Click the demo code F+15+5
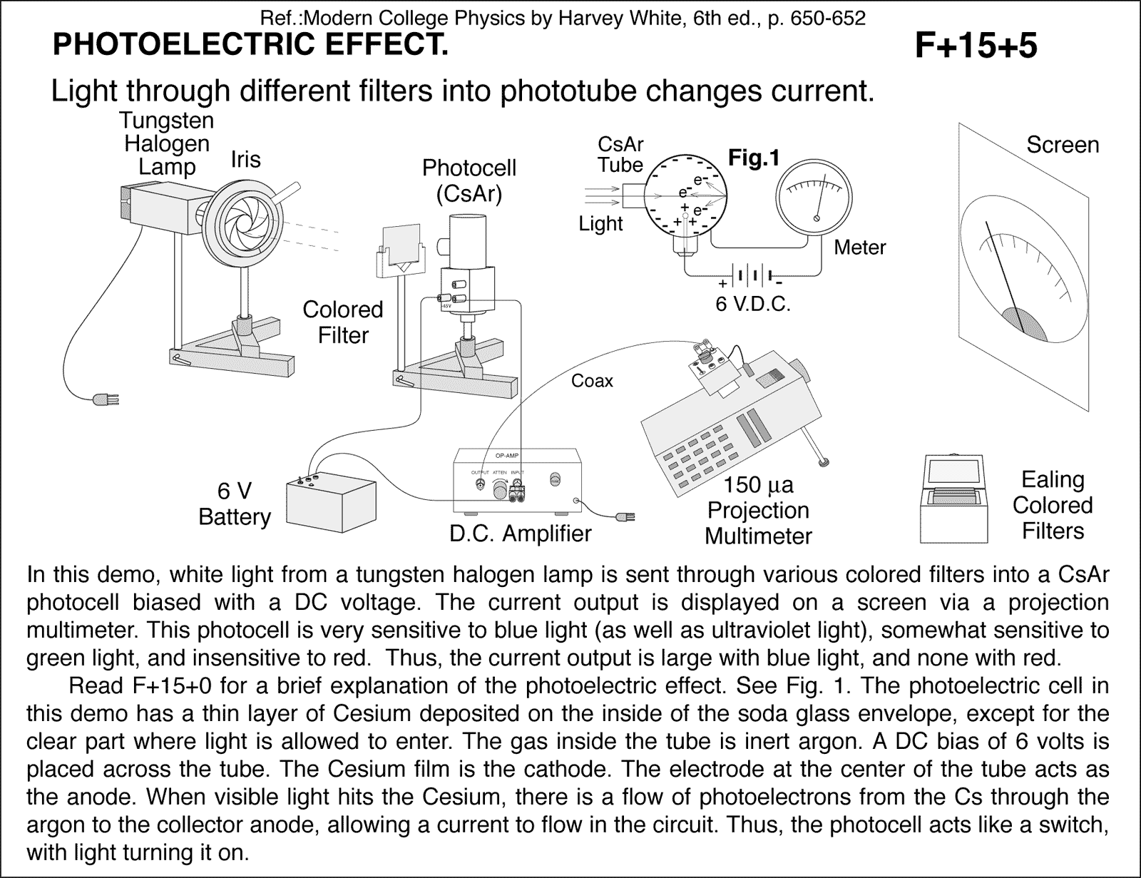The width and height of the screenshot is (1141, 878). click(x=975, y=46)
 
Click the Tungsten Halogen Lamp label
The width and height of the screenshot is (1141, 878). click(x=167, y=143)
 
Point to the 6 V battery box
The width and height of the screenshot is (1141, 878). click(x=331, y=502)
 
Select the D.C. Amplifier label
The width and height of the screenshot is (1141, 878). click(x=521, y=533)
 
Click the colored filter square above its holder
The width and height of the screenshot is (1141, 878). click(x=401, y=245)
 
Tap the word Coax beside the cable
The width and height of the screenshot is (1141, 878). click(x=592, y=381)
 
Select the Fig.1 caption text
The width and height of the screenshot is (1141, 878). click(x=754, y=158)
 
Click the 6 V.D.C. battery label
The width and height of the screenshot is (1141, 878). click(x=754, y=305)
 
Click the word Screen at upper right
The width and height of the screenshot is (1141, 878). click(x=1062, y=145)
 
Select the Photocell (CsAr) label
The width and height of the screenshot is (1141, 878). click(x=469, y=180)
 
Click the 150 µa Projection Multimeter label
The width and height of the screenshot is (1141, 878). click(x=758, y=510)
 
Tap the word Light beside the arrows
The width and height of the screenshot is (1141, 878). click(x=600, y=223)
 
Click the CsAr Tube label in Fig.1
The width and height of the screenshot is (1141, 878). click(x=620, y=154)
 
